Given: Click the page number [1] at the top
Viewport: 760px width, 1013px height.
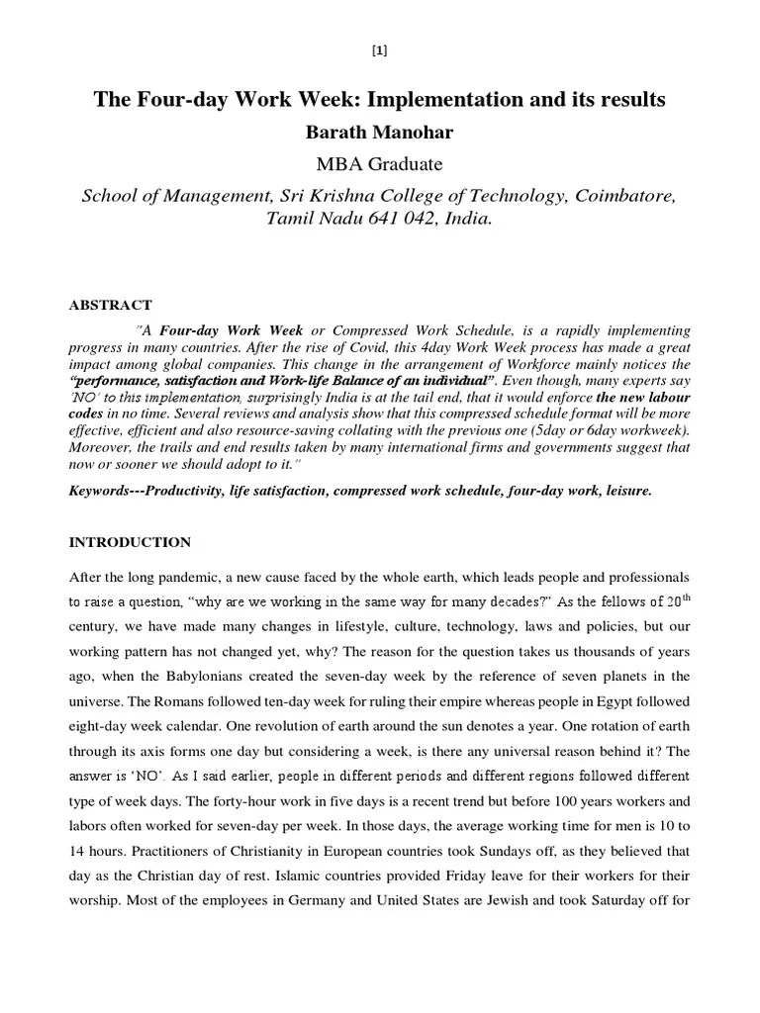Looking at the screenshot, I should [380, 51].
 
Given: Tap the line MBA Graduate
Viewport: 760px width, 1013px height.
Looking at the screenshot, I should [379, 163].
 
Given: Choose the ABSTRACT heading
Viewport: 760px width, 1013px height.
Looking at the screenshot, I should [110, 305].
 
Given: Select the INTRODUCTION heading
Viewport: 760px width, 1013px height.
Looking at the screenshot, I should [129, 542].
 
